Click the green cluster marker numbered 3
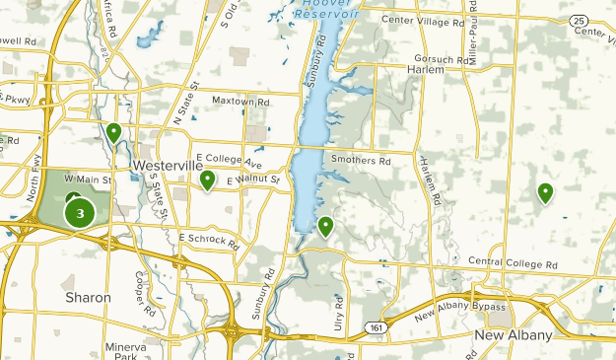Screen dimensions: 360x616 coord(80,213)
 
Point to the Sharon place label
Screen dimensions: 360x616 coord(88,297)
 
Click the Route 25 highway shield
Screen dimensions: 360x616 coord(580,20)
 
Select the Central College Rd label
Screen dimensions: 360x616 coord(513,264)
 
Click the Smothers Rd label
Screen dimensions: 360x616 coord(361,160)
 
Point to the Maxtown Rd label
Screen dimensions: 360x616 coord(241,102)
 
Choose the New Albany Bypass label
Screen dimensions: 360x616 coord(455,311)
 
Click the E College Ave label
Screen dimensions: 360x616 coord(230,160)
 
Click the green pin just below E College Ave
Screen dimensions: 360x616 coord(208,181)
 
